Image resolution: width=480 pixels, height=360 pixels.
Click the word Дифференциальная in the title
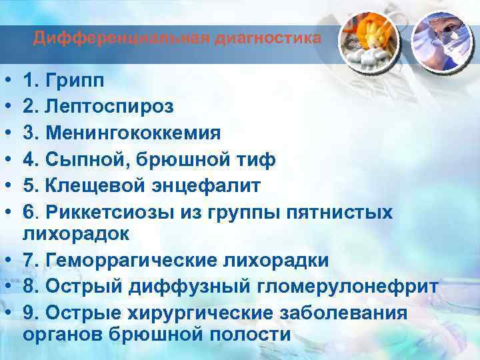click(122, 38)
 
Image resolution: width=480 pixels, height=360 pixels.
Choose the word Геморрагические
click(130, 260)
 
